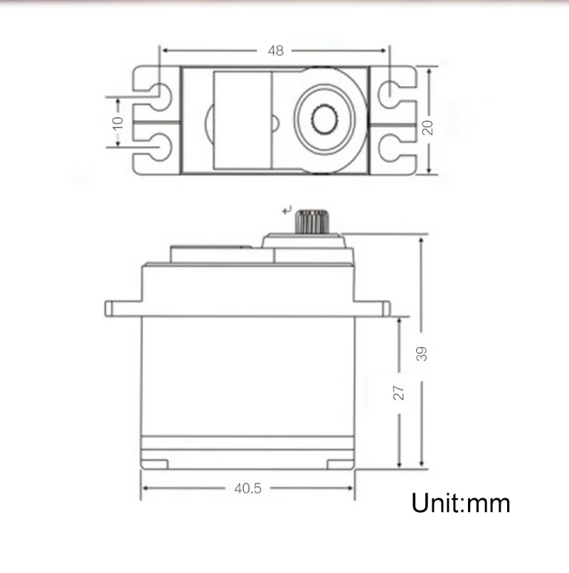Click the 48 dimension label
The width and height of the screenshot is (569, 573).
(x=275, y=50)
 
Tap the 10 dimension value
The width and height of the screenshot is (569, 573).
(x=118, y=122)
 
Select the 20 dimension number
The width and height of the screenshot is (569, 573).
(x=427, y=127)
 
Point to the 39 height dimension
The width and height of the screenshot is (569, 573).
(x=422, y=353)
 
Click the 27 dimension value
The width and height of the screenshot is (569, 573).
(x=399, y=391)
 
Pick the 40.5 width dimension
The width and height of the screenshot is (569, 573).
(x=248, y=488)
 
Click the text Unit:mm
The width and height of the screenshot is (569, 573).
(x=461, y=503)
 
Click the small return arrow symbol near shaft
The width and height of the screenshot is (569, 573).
(x=287, y=210)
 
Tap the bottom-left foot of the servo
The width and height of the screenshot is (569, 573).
(x=154, y=464)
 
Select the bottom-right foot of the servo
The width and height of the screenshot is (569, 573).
(x=339, y=464)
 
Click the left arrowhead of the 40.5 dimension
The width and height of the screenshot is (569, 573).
(x=146, y=488)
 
